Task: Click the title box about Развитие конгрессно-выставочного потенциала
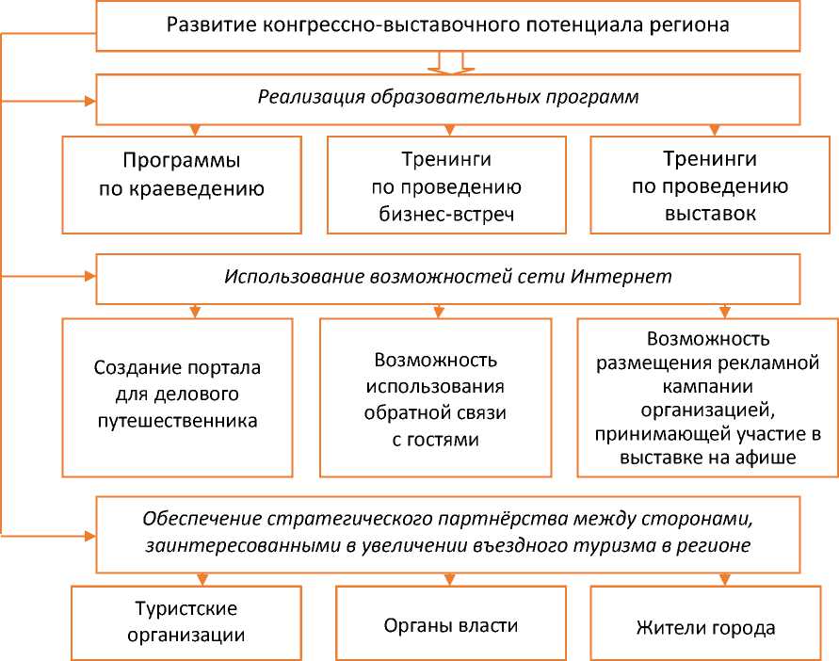pos(447,25)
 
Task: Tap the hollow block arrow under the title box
pos(447,63)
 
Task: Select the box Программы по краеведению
pos(182,185)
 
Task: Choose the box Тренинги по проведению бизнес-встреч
pos(446,185)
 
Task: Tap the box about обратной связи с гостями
pos(434,397)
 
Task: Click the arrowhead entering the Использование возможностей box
pos(91,276)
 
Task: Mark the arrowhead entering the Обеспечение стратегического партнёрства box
pos(91,535)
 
